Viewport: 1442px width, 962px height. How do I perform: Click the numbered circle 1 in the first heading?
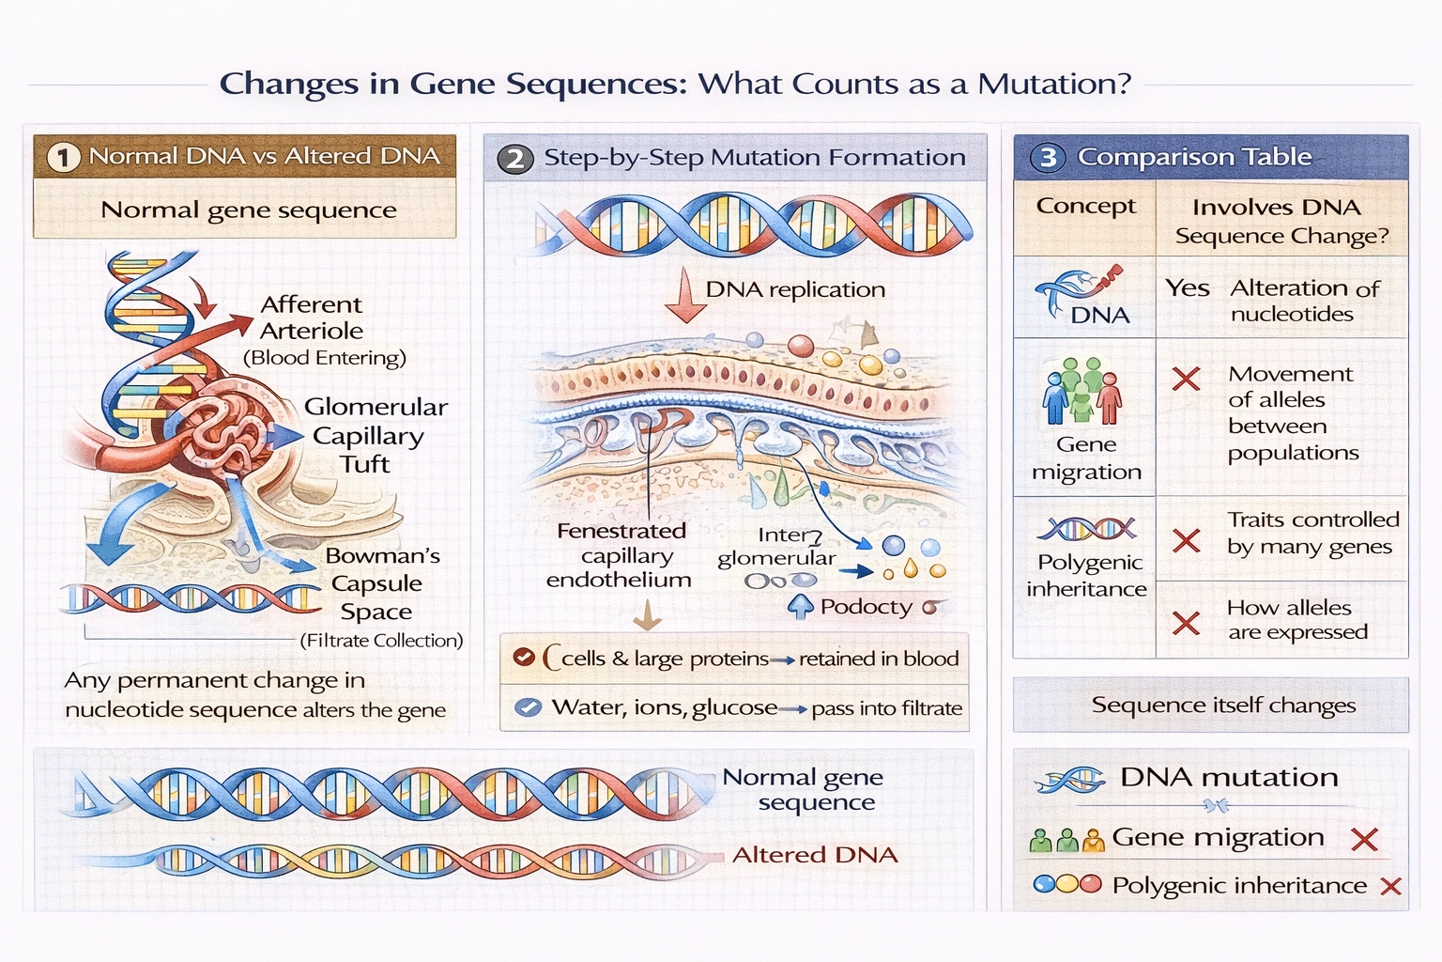63,157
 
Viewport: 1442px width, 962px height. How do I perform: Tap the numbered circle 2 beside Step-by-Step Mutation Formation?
514,158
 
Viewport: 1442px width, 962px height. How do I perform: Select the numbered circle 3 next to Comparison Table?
1048,157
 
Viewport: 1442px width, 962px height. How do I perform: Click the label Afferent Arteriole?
311,318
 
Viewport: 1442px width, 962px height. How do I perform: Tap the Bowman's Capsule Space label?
380,583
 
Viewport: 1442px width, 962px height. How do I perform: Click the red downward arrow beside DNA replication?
686,296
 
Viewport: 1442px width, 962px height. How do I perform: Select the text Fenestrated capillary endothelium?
620,555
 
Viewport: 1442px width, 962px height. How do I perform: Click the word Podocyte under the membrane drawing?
866,607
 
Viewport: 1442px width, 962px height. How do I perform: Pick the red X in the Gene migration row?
1187,379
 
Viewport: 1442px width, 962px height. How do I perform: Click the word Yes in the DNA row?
1187,288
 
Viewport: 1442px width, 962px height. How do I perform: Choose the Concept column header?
1085,207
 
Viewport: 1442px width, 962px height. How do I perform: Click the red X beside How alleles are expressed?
1187,623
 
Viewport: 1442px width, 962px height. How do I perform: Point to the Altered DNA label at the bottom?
814,855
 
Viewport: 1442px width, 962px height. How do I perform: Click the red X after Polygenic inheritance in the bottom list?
1391,886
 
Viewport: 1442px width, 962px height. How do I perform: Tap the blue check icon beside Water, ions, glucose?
529,707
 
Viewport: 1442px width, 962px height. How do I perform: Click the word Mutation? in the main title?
1054,85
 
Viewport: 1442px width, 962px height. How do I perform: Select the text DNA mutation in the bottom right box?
1228,778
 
